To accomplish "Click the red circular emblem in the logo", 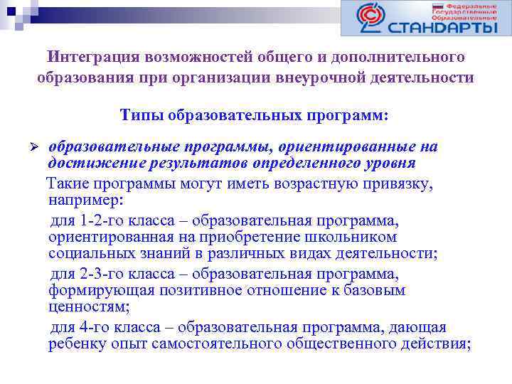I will pos(370,17).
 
